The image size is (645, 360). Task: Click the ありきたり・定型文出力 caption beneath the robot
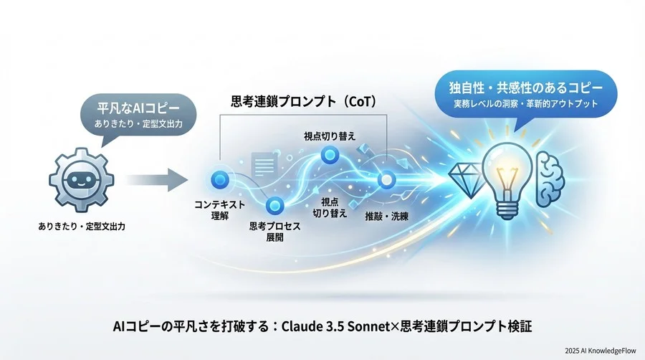pos(81,227)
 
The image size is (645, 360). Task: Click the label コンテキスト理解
pos(220,210)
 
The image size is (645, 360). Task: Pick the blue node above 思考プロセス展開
pos(275,207)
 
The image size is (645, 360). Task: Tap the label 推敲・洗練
pos(386,216)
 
